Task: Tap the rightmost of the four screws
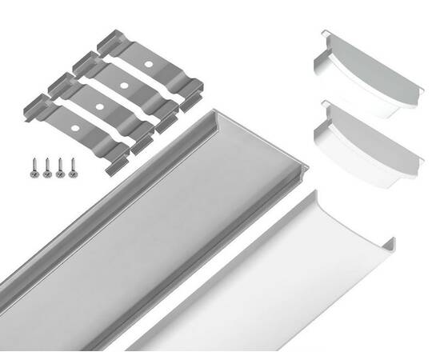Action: click(73, 167)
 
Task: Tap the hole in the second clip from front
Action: click(98, 105)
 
